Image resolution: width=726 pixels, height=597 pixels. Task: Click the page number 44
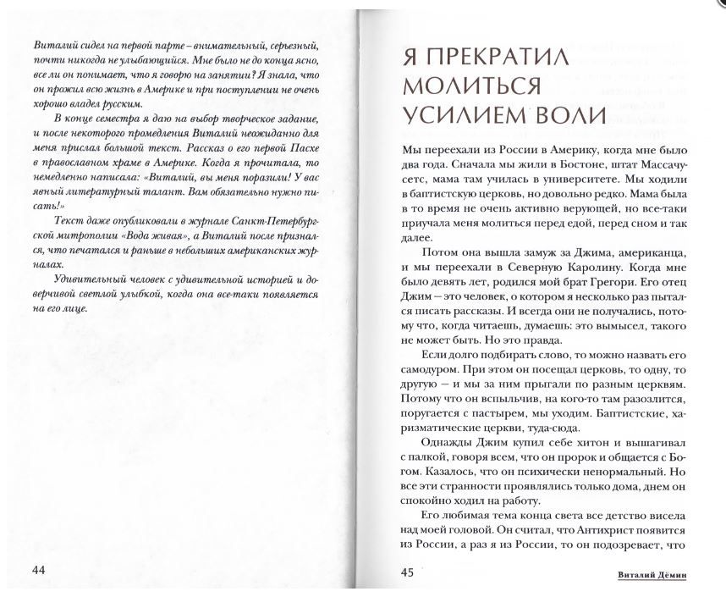coord(39,569)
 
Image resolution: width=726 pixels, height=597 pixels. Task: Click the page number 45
coord(406,572)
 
